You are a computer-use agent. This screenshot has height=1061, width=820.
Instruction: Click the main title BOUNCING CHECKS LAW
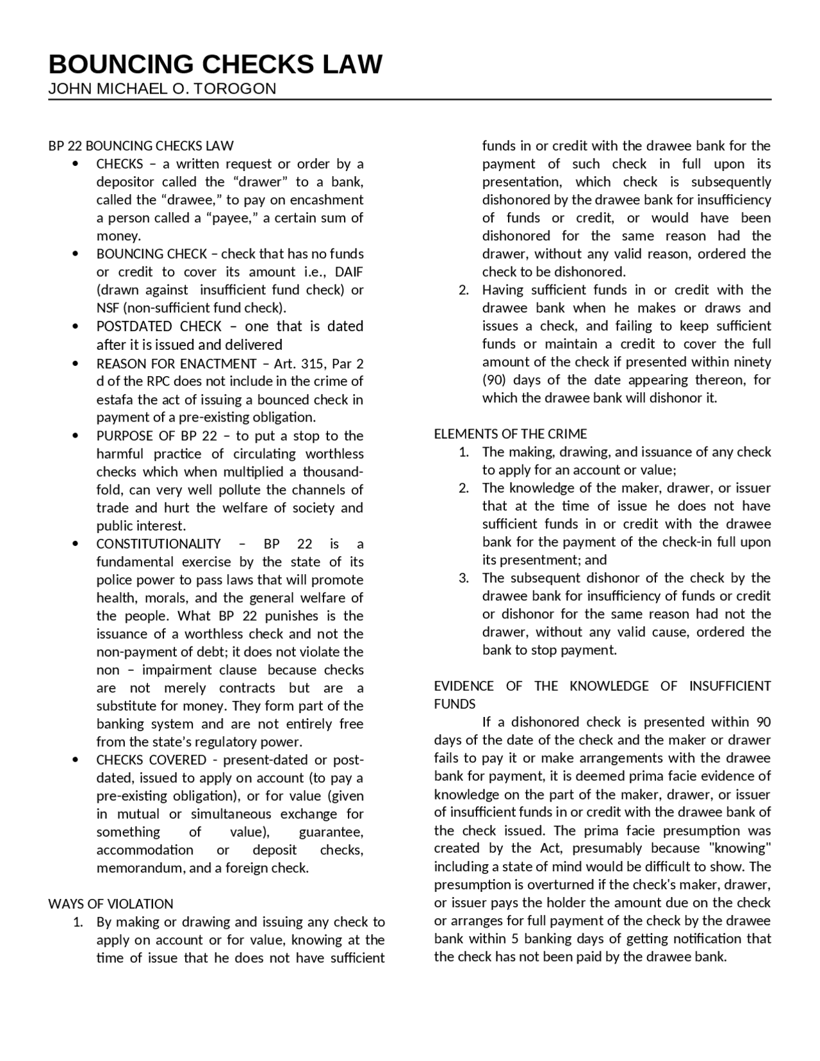[215, 64]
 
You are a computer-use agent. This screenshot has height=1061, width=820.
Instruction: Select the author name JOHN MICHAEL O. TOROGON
[162, 89]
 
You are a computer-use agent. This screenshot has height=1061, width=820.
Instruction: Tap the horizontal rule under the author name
[410, 100]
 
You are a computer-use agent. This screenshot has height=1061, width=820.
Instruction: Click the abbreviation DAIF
[349, 272]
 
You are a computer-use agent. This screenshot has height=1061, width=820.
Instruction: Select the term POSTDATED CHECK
[159, 326]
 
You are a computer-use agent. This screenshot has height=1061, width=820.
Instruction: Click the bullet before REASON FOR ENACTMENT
[76, 363]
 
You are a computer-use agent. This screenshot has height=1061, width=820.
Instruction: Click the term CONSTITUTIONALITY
[158, 544]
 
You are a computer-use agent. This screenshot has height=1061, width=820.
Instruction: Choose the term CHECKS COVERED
[151, 760]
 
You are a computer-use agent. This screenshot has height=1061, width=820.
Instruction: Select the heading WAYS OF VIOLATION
[110, 904]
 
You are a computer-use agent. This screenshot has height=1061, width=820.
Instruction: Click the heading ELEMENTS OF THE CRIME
[511, 434]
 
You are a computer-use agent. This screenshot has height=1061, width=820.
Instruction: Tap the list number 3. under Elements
[464, 578]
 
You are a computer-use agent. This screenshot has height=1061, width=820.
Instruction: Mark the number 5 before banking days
[516, 939]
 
